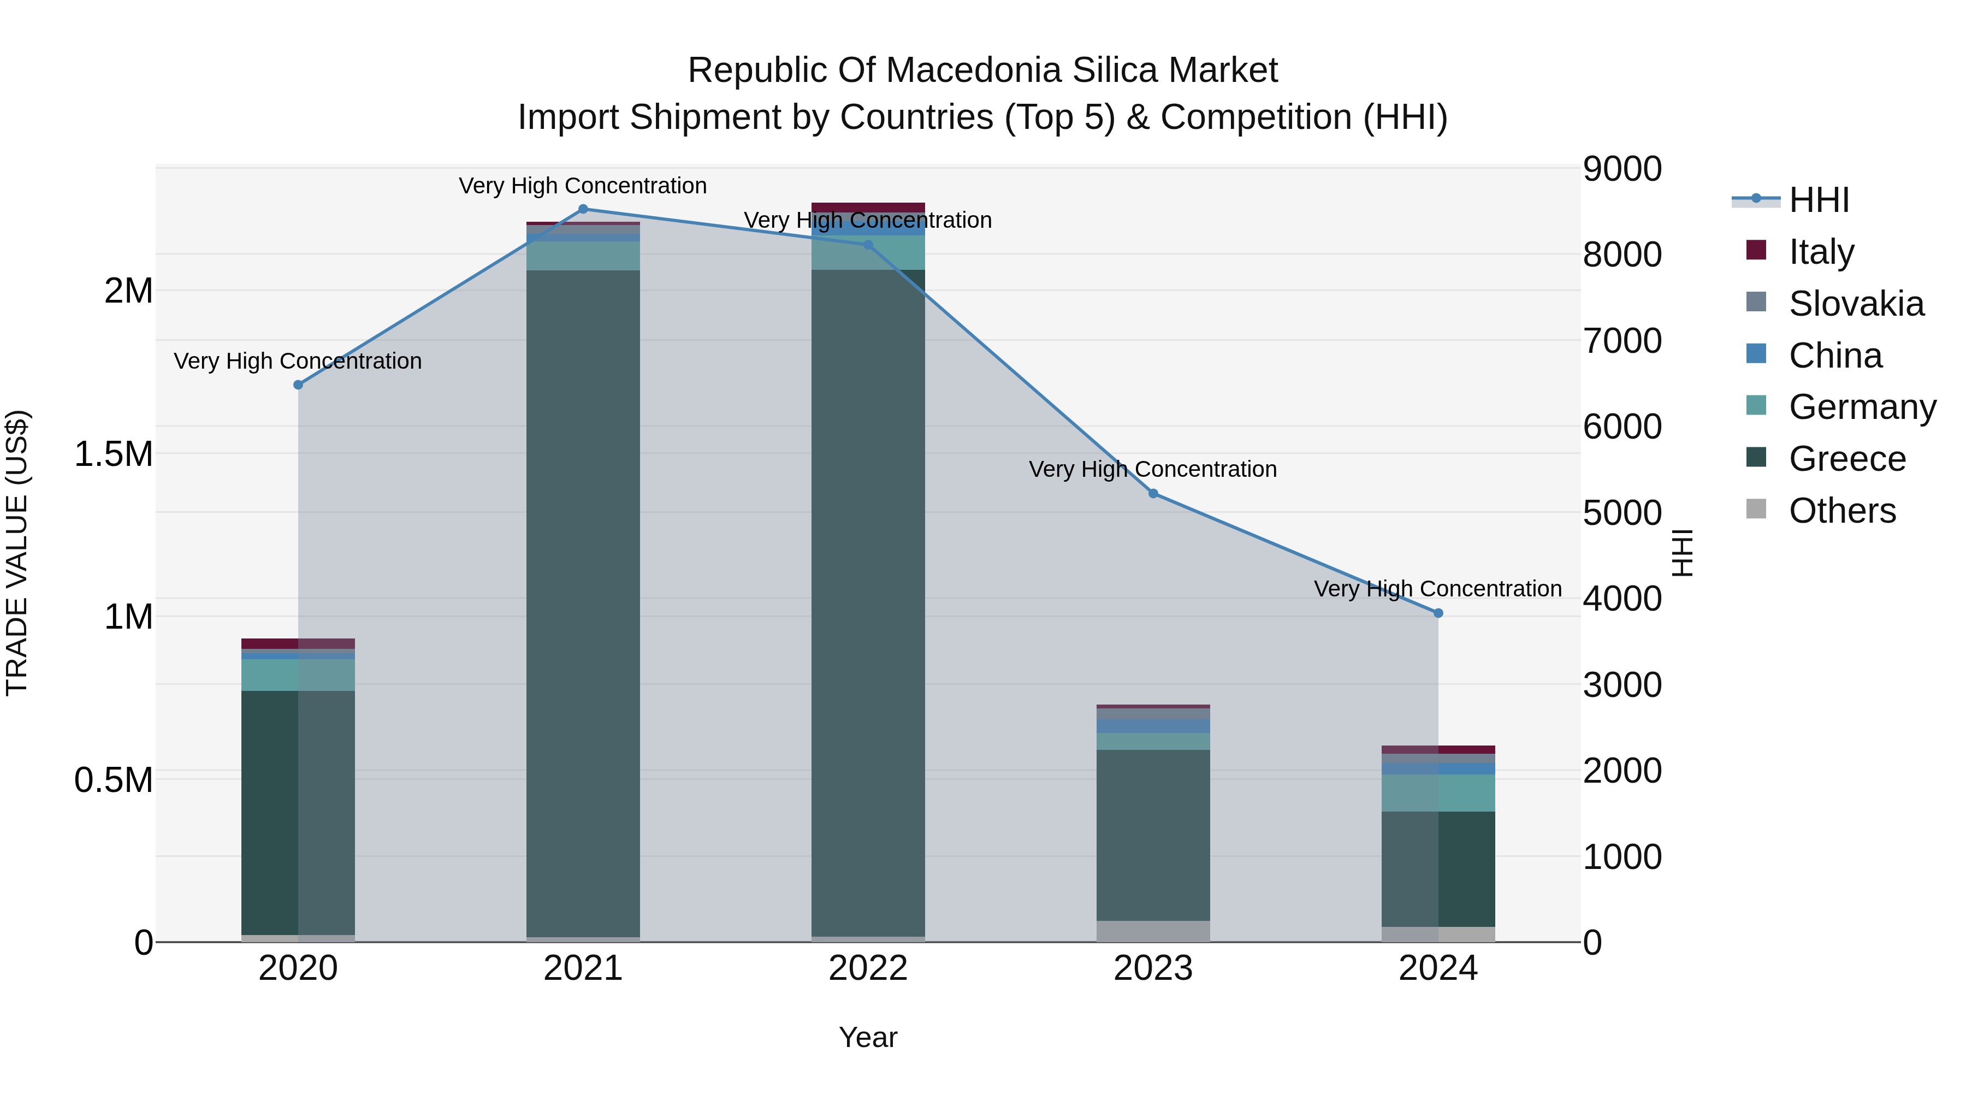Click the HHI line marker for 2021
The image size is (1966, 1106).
pos(583,209)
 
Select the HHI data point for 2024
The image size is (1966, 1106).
pos(1438,613)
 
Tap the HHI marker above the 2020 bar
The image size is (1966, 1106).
pos(298,385)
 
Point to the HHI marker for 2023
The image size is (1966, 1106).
pos(1153,494)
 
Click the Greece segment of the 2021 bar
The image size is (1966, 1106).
pos(583,603)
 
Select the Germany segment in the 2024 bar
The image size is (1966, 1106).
pos(1438,793)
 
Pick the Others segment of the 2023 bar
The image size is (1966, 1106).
pos(1153,931)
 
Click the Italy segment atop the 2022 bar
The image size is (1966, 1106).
pos(868,208)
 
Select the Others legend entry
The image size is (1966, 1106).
pos(1841,511)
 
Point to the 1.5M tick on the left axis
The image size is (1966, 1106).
pos(114,454)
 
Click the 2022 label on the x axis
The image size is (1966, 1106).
pos(868,968)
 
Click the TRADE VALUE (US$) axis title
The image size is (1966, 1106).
pos(17,553)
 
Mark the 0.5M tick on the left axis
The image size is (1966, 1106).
pos(114,780)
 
